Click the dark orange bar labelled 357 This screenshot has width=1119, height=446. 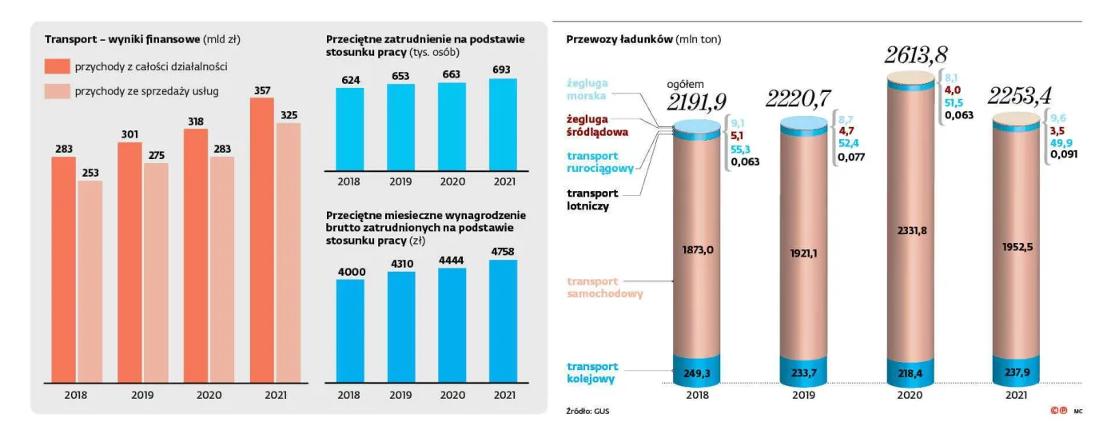tap(262, 240)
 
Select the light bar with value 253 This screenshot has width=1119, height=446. tap(90, 281)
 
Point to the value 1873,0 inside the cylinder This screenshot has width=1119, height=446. tap(698, 250)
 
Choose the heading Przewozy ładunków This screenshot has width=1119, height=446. tap(619, 39)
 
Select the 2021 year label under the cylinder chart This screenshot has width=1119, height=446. tap(1017, 395)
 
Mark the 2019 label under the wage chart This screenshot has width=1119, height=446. tap(400, 395)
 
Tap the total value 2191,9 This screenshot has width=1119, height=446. tap(697, 102)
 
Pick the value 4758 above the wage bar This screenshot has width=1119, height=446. tap(503, 250)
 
